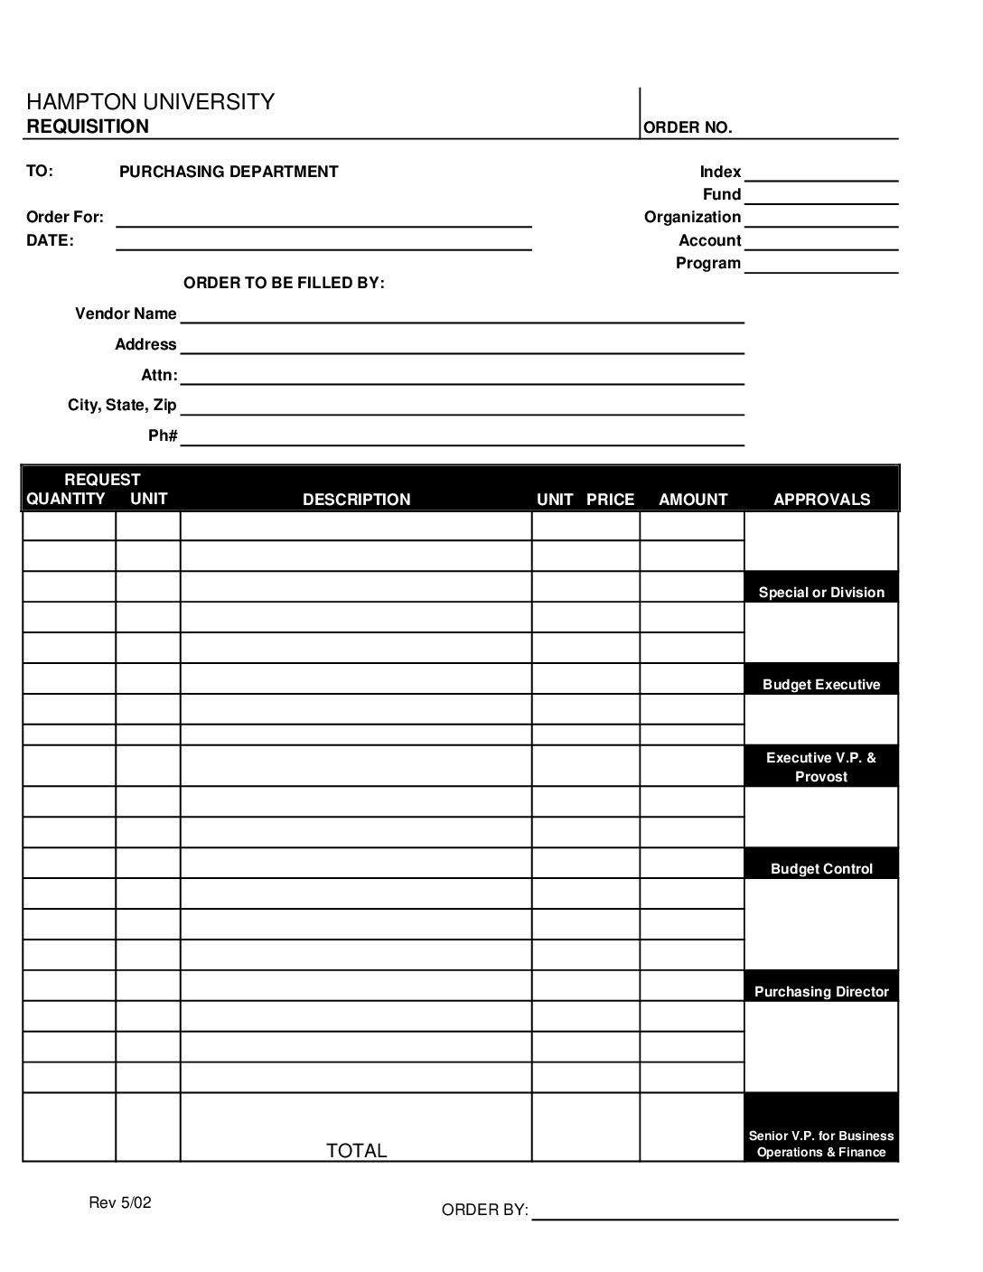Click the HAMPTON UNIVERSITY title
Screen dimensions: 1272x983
[x=150, y=102]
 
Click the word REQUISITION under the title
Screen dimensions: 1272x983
[x=88, y=126]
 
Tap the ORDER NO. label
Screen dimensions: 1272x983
[x=688, y=127]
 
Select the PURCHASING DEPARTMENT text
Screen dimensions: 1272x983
[x=229, y=172]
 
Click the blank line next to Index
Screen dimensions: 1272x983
[x=820, y=174]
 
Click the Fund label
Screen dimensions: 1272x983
[x=722, y=194]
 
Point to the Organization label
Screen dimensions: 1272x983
[x=692, y=217]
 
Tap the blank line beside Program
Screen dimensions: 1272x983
[x=820, y=266]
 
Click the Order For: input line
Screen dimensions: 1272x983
[x=323, y=220]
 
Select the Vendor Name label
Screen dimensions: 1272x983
[x=126, y=313]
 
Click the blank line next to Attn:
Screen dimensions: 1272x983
[x=462, y=378]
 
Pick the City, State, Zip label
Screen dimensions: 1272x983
[x=122, y=405]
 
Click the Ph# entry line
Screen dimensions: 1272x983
[x=462, y=439]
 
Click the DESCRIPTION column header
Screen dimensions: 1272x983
[x=356, y=500]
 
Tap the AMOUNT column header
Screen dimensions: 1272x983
[x=693, y=500]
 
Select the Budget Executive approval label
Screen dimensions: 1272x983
[x=821, y=685]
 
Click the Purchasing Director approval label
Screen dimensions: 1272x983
[x=821, y=992]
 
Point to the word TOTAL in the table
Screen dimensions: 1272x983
[x=356, y=1150]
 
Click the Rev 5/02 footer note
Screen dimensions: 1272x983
[x=120, y=1202]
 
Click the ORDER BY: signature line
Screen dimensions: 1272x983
[x=715, y=1212]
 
